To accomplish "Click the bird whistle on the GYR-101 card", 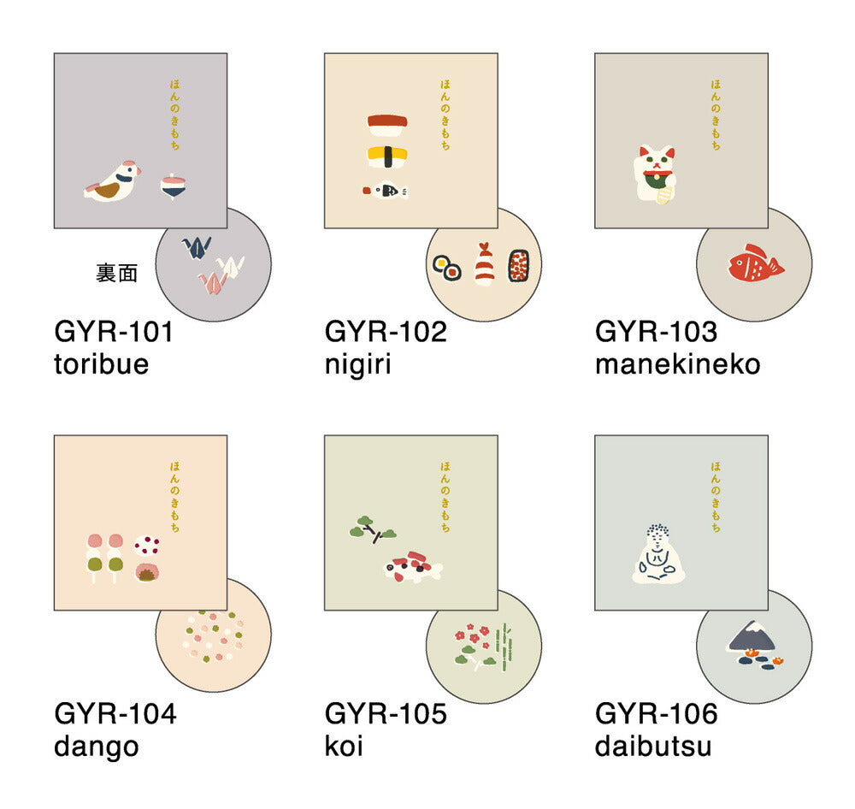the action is (113, 181).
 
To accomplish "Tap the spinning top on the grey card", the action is (174, 186).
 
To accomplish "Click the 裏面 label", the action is (116, 273).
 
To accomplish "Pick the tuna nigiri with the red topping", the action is (387, 125).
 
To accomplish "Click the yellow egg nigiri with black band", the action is (387, 156).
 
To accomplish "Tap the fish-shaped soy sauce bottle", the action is (386, 191).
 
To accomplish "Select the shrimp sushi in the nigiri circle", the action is (484, 264).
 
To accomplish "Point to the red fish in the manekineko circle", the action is (756, 263).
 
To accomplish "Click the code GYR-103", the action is (656, 332).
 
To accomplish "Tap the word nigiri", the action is (357, 364).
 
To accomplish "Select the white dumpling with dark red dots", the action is (147, 545).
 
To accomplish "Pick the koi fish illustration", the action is (412, 567).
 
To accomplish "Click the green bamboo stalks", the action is (505, 647).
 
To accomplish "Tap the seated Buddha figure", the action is (657, 554).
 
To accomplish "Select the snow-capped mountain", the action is (752, 636).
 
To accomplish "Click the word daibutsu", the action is (653, 747).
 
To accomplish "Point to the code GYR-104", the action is (115, 713).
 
